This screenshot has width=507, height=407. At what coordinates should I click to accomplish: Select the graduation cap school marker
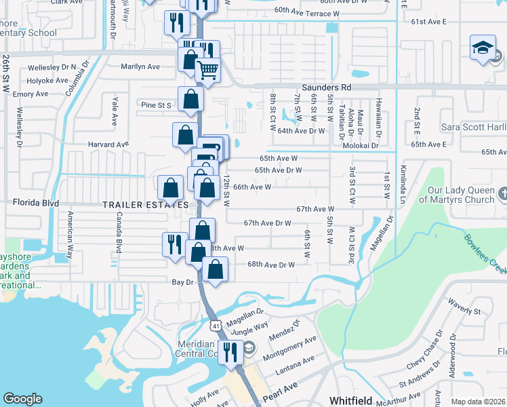(482, 50)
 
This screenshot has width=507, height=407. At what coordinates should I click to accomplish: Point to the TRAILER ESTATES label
(145, 204)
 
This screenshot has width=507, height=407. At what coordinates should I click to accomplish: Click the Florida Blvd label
(37, 203)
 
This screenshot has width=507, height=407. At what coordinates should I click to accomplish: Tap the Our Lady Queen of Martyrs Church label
(457, 195)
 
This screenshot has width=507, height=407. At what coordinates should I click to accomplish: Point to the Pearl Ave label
(280, 395)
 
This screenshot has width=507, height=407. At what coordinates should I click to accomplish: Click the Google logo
(22, 399)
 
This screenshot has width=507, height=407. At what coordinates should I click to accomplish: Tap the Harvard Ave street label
(108, 144)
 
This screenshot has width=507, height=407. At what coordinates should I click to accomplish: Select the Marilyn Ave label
(140, 66)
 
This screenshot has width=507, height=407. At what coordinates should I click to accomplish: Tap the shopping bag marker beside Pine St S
(191, 99)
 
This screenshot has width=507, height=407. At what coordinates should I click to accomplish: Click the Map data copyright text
(478, 402)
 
